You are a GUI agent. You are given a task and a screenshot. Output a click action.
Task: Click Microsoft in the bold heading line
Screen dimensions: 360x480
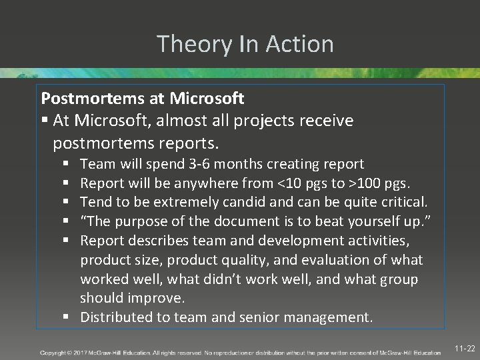point(207,99)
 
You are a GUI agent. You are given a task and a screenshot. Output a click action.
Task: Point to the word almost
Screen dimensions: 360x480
point(177,121)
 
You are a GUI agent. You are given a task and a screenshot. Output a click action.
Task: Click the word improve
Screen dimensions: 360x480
point(160,298)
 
